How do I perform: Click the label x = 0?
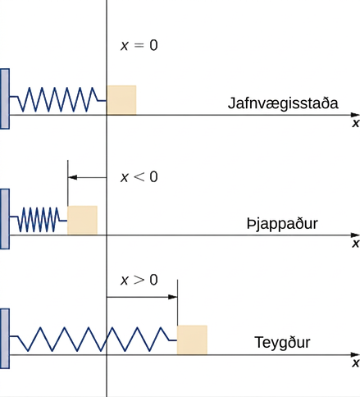(x=139, y=45)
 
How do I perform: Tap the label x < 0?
(x=139, y=176)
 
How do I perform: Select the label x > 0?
(x=139, y=280)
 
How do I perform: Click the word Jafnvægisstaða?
(x=283, y=104)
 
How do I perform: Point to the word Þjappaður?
(x=282, y=224)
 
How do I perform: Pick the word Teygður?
(x=282, y=343)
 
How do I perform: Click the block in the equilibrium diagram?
(x=121, y=100)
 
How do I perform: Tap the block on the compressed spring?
(x=82, y=220)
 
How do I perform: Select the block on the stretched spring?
(x=192, y=340)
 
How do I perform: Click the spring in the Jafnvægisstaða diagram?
(x=58, y=100)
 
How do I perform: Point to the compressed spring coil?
(x=39, y=220)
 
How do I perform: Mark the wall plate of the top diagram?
(x=5, y=98)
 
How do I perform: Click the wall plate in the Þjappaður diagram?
(x=5, y=219)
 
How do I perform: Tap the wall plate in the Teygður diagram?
(x=5, y=339)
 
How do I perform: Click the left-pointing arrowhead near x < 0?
(x=72, y=177)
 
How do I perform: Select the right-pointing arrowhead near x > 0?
(x=173, y=297)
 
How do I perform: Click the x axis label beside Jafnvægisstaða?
(x=356, y=123)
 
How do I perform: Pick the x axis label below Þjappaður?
(x=356, y=243)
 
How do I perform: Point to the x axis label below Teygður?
(x=356, y=363)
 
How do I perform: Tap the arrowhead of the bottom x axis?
(x=355, y=354)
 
